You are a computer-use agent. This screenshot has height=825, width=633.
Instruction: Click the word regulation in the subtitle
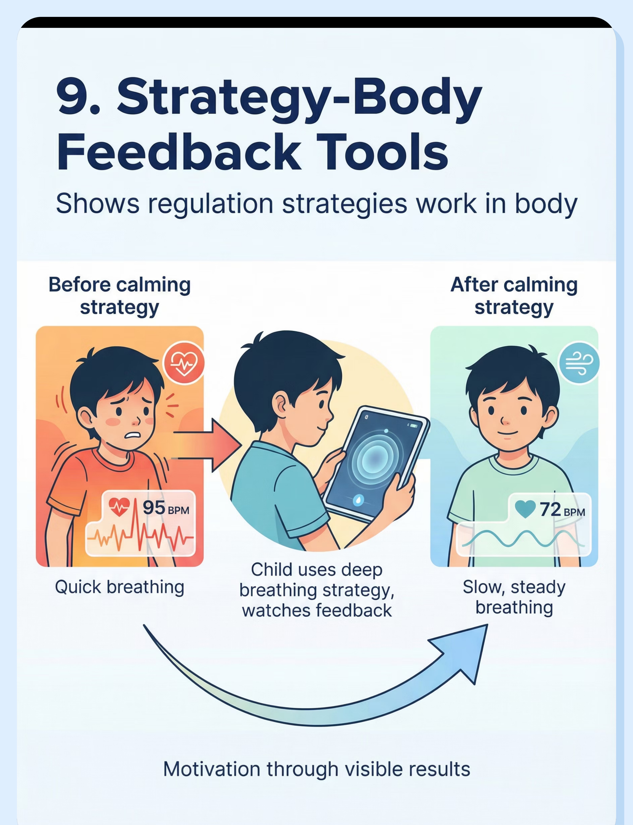(x=210, y=204)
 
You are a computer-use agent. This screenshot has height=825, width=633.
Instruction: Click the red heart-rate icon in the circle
(x=183, y=363)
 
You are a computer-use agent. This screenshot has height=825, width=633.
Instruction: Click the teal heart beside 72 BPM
(x=525, y=509)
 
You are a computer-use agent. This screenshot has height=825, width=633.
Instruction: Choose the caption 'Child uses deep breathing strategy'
(x=316, y=580)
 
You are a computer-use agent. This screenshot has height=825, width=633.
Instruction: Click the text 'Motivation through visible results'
(x=316, y=769)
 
